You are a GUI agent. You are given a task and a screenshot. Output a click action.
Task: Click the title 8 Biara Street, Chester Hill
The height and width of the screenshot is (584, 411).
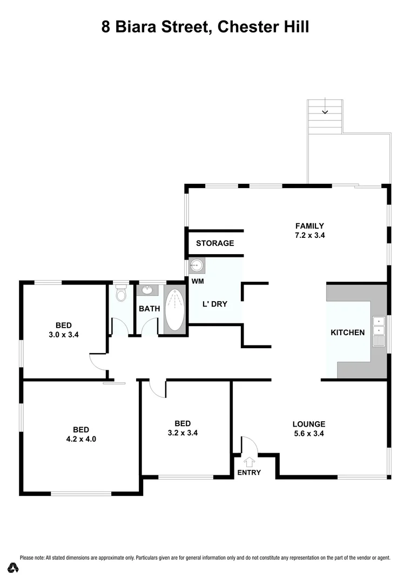[205, 26]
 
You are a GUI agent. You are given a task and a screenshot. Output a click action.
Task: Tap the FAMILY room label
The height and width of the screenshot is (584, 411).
[309, 225]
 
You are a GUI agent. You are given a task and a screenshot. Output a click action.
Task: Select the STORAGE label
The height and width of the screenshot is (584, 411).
[215, 243]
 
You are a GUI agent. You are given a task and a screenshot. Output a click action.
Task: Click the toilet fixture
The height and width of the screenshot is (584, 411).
[120, 294]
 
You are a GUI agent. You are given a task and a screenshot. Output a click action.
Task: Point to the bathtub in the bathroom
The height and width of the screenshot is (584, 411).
[174, 310]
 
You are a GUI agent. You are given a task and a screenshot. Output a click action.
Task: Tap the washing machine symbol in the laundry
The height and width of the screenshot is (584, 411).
[197, 266]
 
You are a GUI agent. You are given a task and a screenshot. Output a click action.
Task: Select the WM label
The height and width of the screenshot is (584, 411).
[198, 281]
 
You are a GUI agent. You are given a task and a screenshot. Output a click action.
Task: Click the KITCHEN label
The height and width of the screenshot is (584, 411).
[347, 333]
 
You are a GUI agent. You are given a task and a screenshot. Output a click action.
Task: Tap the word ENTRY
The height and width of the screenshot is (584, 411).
[249, 473]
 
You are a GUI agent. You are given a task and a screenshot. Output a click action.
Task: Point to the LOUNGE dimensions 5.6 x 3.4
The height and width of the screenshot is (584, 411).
[309, 433]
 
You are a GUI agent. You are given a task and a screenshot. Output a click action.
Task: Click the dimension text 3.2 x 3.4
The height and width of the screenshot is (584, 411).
[182, 433]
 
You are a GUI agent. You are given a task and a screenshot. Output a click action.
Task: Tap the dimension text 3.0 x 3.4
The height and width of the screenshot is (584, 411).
[64, 334]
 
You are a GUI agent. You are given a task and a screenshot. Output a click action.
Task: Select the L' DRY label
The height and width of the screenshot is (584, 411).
[214, 304]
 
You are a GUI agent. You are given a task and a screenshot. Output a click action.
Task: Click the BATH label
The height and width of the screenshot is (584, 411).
[149, 309]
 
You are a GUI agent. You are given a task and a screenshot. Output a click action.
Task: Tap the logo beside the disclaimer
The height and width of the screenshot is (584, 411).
[13, 567]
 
